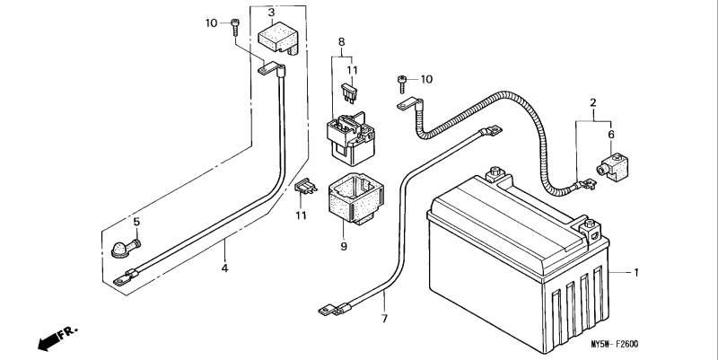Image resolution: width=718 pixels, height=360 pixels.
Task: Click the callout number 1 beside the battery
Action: pyautogui.click(x=635, y=273)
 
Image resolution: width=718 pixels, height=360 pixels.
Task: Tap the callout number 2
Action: pyautogui.click(x=593, y=102)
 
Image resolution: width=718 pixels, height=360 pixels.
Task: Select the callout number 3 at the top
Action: pyautogui.click(x=272, y=12)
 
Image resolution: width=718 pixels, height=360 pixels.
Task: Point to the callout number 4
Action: pyautogui.click(x=224, y=268)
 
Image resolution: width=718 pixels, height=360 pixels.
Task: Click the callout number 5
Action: pyautogui.click(x=136, y=222)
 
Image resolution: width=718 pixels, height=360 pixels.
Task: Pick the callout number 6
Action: pyautogui.click(x=611, y=134)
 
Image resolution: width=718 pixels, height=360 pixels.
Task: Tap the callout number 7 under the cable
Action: pyautogui.click(x=384, y=319)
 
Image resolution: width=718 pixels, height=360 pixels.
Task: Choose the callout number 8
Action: pyautogui.click(x=341, y=41)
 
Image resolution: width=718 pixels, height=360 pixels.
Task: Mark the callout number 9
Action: pyautogui.click(x=344, y=246)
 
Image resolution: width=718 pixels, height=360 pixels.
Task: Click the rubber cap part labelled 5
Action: pyautogui.click(x=126, y=249)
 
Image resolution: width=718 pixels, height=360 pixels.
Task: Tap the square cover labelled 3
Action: pyautogui.click(x=278, y=38)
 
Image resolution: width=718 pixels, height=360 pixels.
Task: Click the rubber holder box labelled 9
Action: pyautogui.click(x=356, y=198)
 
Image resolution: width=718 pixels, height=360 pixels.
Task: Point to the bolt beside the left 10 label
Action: pyautogui.click(x=235, y=27)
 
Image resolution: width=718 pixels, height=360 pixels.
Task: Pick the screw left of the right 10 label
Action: pyautogui.click(x=402, y=84)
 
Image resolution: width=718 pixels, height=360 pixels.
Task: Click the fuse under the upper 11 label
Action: pyautogui.click(x=348, y=93)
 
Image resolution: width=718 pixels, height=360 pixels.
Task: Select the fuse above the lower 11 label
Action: pyautogui.click(x=306, y=187)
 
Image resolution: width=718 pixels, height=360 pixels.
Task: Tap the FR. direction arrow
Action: pyautogui.click(x=57, y=339)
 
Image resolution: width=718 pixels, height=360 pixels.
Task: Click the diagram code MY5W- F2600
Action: pyautogui.click(x=614, y=344)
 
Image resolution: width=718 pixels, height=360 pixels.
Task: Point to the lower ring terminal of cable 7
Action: pyautogui.click(x=326, y=312)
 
